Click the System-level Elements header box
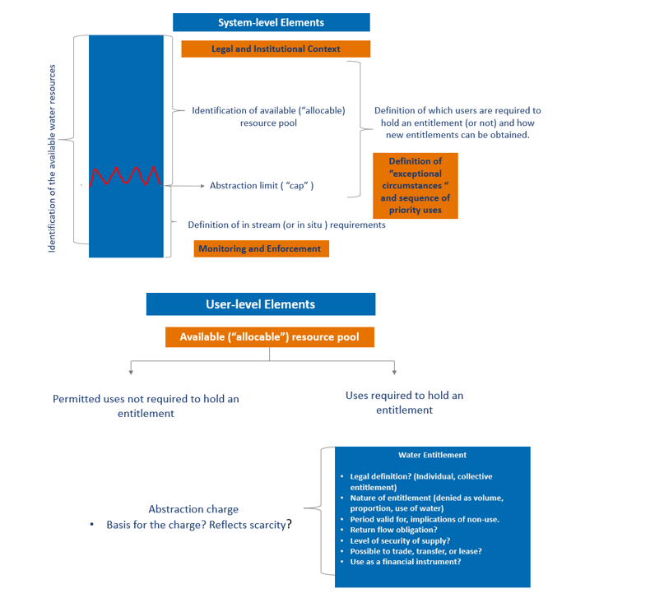[x=271, y=22]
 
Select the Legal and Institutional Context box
[x=276, y=49]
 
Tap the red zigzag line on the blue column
[x=125, y=176]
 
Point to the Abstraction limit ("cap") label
[x=262, y=185]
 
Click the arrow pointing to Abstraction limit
[x=184, y=186]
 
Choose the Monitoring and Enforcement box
[x=262, y=248]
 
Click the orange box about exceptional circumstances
[x=416, y=186]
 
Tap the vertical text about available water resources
[x=52, y=158]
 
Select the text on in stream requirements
[x=286, y=225]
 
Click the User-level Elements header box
[x=261, y=304]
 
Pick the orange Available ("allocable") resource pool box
[x=270, y=337]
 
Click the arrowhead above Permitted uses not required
[x=132, y=372]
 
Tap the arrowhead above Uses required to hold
[x=394, y=372]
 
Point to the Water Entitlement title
[x=432, y=455]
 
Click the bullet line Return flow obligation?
[x=393, y=530]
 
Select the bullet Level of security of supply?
[x=400, y=540]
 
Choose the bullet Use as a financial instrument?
[x=406, y=562]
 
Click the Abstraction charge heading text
[x=193, y=509]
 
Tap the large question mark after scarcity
[x=290, y=524]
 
